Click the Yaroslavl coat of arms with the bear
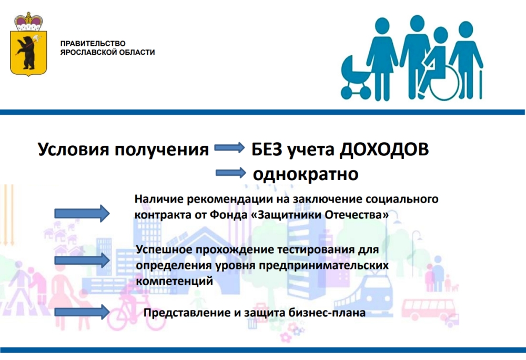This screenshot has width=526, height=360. point(28,45)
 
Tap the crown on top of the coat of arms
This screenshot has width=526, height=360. point(28,21)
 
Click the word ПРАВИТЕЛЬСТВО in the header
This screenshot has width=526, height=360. point(93,44)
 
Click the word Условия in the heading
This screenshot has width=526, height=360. point(74,149)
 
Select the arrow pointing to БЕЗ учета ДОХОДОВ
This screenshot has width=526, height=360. point(229,147)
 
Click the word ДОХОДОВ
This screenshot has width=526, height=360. point(384,149)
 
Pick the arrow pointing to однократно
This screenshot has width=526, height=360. point(231,173)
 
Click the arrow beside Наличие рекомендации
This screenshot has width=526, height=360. point(82,213)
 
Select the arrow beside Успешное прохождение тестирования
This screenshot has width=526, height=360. point(82,261)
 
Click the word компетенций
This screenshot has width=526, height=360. point(175,281)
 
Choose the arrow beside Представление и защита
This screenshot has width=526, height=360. point(82,312)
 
